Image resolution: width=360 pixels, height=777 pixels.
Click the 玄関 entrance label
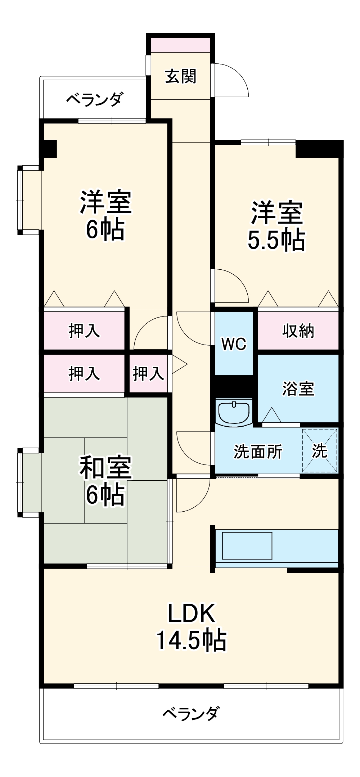(x=180, y=76)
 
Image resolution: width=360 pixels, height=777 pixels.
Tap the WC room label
(x=234, y=344)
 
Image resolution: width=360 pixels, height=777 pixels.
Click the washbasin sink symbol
(x=234, y=412)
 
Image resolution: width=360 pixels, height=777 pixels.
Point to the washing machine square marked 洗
(x=320, y=450)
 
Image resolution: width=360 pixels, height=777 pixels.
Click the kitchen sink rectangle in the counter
(x=247, y=546)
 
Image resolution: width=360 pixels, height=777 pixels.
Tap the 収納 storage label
(x=298, y=331)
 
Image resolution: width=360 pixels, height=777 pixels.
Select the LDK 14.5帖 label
(x=191, y=627)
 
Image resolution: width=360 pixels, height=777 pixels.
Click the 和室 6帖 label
(x=105, y=481)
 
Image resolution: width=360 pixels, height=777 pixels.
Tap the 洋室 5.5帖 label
(x=276, y=226)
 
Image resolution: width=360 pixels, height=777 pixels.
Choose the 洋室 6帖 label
(x=105, y=215)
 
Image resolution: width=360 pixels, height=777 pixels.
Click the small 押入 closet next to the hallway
(x=148, y=373)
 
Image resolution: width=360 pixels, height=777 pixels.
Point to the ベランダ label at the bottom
(x=190, y=713)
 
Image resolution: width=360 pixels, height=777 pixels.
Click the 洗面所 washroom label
(x=258, y=452)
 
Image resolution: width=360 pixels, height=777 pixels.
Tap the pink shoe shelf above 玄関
(x=180, y=44)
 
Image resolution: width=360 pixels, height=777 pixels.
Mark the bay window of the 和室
(x=30, y=482)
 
